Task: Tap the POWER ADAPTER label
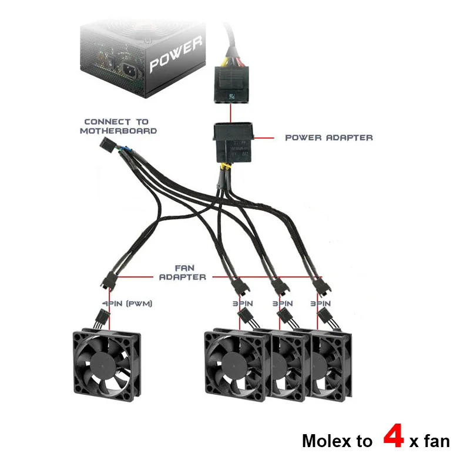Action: [x=328, y=137]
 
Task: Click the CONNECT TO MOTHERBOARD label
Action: [x=118, y=126]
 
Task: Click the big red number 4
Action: [x=393, y=438]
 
